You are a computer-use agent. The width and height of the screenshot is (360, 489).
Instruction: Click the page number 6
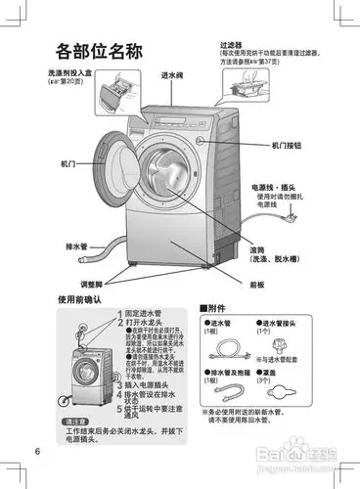pyautogui.click(x=36, y=451)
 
